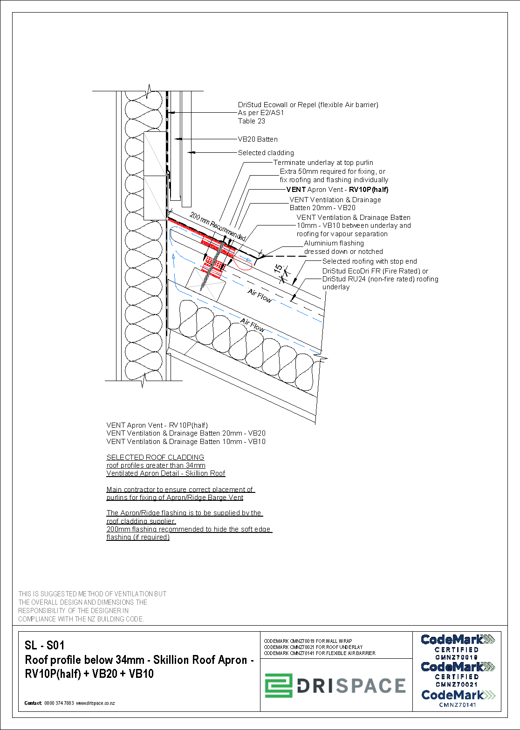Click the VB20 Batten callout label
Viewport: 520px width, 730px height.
pos(258,139)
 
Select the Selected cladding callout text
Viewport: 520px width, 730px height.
pos(266,153)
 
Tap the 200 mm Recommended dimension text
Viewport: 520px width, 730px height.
pos(218,227)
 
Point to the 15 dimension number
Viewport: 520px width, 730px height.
pos(278,269)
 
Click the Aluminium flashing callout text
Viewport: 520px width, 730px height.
pos(334,243)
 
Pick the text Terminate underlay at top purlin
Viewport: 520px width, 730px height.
pos(323,163)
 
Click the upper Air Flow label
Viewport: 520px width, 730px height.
pos(260,296)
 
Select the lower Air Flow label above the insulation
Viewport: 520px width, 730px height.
pos(253,325)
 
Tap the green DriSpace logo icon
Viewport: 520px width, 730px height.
pos(279,686)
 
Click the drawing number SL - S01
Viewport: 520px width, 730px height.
pos(45,645)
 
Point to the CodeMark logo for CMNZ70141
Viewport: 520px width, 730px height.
pos(458,695)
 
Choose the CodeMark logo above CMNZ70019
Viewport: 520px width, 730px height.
pos(458,640)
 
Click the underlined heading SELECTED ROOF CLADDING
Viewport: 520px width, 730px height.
pos(155,457)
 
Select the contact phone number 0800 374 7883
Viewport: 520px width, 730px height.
pos(59,703)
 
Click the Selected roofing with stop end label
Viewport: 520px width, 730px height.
pos(369,261)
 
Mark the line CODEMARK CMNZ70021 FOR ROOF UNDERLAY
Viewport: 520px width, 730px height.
pos(313,647)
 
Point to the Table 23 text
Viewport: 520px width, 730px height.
pos(252,121)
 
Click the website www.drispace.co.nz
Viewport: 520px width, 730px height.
pos(96,703)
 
